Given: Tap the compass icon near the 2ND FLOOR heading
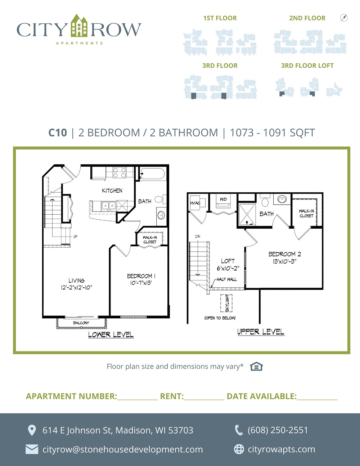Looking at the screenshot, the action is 344,18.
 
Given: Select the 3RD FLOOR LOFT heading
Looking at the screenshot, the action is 307,66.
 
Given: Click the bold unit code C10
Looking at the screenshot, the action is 58,133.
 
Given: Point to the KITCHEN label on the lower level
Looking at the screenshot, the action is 112,191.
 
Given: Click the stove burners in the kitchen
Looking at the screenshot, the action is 120,172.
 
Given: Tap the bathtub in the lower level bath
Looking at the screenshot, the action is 153,174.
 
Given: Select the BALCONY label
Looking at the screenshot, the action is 81,323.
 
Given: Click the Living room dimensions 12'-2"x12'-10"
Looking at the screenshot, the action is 76,288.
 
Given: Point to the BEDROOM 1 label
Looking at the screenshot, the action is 141,276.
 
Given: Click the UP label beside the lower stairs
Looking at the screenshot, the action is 75,237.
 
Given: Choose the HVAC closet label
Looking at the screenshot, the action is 195,203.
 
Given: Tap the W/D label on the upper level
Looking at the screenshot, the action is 223,199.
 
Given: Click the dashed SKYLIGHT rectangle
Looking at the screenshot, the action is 226,303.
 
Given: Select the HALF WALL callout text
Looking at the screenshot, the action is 226,279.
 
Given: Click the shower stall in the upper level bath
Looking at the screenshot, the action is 247,214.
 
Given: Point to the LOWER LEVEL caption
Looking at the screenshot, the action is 111,334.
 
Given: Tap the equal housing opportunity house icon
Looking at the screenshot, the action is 256,366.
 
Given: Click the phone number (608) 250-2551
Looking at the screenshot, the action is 278,430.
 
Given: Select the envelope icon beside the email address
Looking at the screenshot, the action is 32,449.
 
